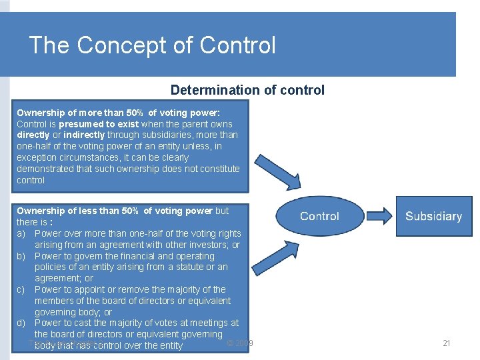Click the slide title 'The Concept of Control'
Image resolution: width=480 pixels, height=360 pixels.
point(152,45)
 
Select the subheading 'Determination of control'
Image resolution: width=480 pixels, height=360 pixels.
point(247,90)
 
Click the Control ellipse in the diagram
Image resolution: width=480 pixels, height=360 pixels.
point(319,216)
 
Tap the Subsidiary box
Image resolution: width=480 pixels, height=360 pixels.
point(433,216)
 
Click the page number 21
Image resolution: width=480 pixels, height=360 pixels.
point(447,343)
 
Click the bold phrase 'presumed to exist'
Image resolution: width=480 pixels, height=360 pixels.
point(99,124)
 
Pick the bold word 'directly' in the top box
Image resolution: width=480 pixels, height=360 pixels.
point(33,135)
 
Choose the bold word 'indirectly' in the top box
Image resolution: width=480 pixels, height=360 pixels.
point(84,135)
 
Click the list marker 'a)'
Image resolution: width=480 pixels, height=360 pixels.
point(21,233)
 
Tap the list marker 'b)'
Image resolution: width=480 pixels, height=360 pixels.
point(21,256)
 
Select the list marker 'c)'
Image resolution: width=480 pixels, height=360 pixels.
point(21,289)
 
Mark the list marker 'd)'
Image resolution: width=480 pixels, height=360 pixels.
point(21,323)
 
